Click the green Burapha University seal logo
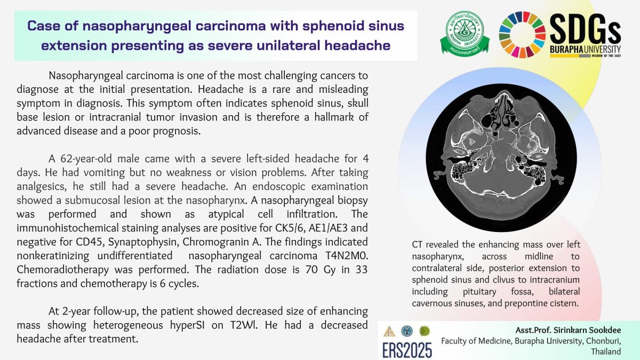pos(465,33)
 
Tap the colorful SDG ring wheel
pos(522,34)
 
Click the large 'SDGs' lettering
pos(586,29)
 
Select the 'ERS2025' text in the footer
pos(407,350)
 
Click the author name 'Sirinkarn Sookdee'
pos(587,330)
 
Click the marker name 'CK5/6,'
pos(286,228)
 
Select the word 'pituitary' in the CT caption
pos(479,291)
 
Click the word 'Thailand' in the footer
pos(606,351)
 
